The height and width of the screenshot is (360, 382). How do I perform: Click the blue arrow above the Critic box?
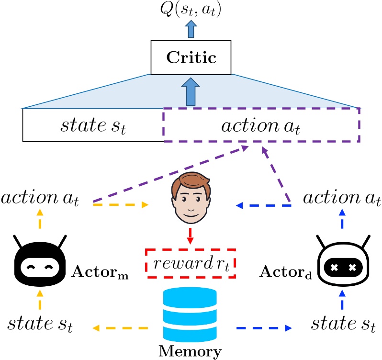tap(191, 30)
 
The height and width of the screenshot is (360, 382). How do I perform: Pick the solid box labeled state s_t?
tap(93, 125)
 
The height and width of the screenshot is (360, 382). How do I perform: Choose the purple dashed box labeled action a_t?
tap(261, 125)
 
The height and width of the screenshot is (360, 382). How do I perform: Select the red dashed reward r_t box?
tap(191, 262)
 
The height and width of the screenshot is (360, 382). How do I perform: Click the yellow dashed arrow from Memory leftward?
tap(120, 328)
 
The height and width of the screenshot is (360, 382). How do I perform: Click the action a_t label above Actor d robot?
tap(342, 197)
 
